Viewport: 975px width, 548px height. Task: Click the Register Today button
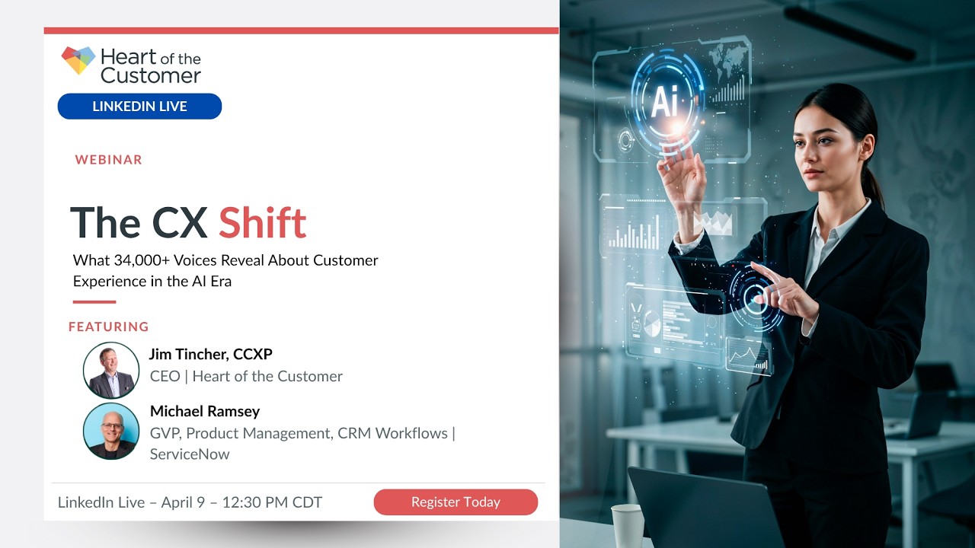[456, 502]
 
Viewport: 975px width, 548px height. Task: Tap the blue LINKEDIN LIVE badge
[139, 107]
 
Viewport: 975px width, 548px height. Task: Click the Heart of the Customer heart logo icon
[78, 60]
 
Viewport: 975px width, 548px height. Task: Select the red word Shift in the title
[262, 223]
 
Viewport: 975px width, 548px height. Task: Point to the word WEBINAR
[109, 160]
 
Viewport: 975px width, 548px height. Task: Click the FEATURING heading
[109, 327]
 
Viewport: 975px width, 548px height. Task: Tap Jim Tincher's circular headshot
[111, 371]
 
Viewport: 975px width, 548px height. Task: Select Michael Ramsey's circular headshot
[111, 431]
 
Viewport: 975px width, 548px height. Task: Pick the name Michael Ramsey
[205, 411]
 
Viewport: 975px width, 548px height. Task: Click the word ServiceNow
[190, 454]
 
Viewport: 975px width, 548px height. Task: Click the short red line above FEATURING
[94, 302]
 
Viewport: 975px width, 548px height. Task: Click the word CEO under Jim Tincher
[165, 376]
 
